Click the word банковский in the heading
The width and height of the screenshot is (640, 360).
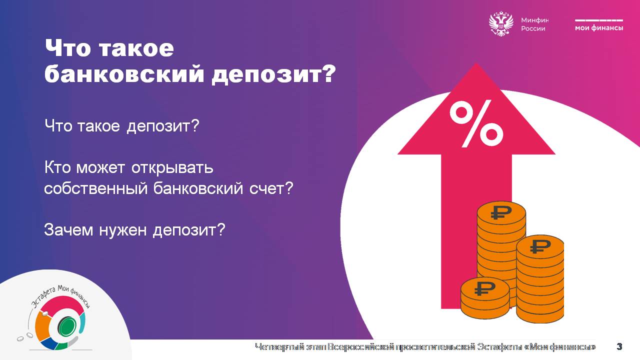point(124,73)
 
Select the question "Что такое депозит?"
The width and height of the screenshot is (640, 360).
point(121,125)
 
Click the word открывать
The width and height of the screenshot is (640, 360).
point(172,167)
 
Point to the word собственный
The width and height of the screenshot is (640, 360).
point(95,189)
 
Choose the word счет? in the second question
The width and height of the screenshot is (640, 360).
point(271,188)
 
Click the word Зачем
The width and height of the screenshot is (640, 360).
point(68,229)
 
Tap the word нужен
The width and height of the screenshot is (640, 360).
point(123,230)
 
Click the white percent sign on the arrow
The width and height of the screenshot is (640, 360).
point(476,123)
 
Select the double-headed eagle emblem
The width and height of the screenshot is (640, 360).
point(501,23)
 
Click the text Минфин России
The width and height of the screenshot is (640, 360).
point(535,24)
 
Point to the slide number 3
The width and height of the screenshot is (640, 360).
point(619,346)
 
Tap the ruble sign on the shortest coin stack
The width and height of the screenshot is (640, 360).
point(484,288)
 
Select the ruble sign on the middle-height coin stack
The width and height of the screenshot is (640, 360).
point(540,246)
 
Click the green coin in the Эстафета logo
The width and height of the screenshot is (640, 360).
point(67,326)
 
